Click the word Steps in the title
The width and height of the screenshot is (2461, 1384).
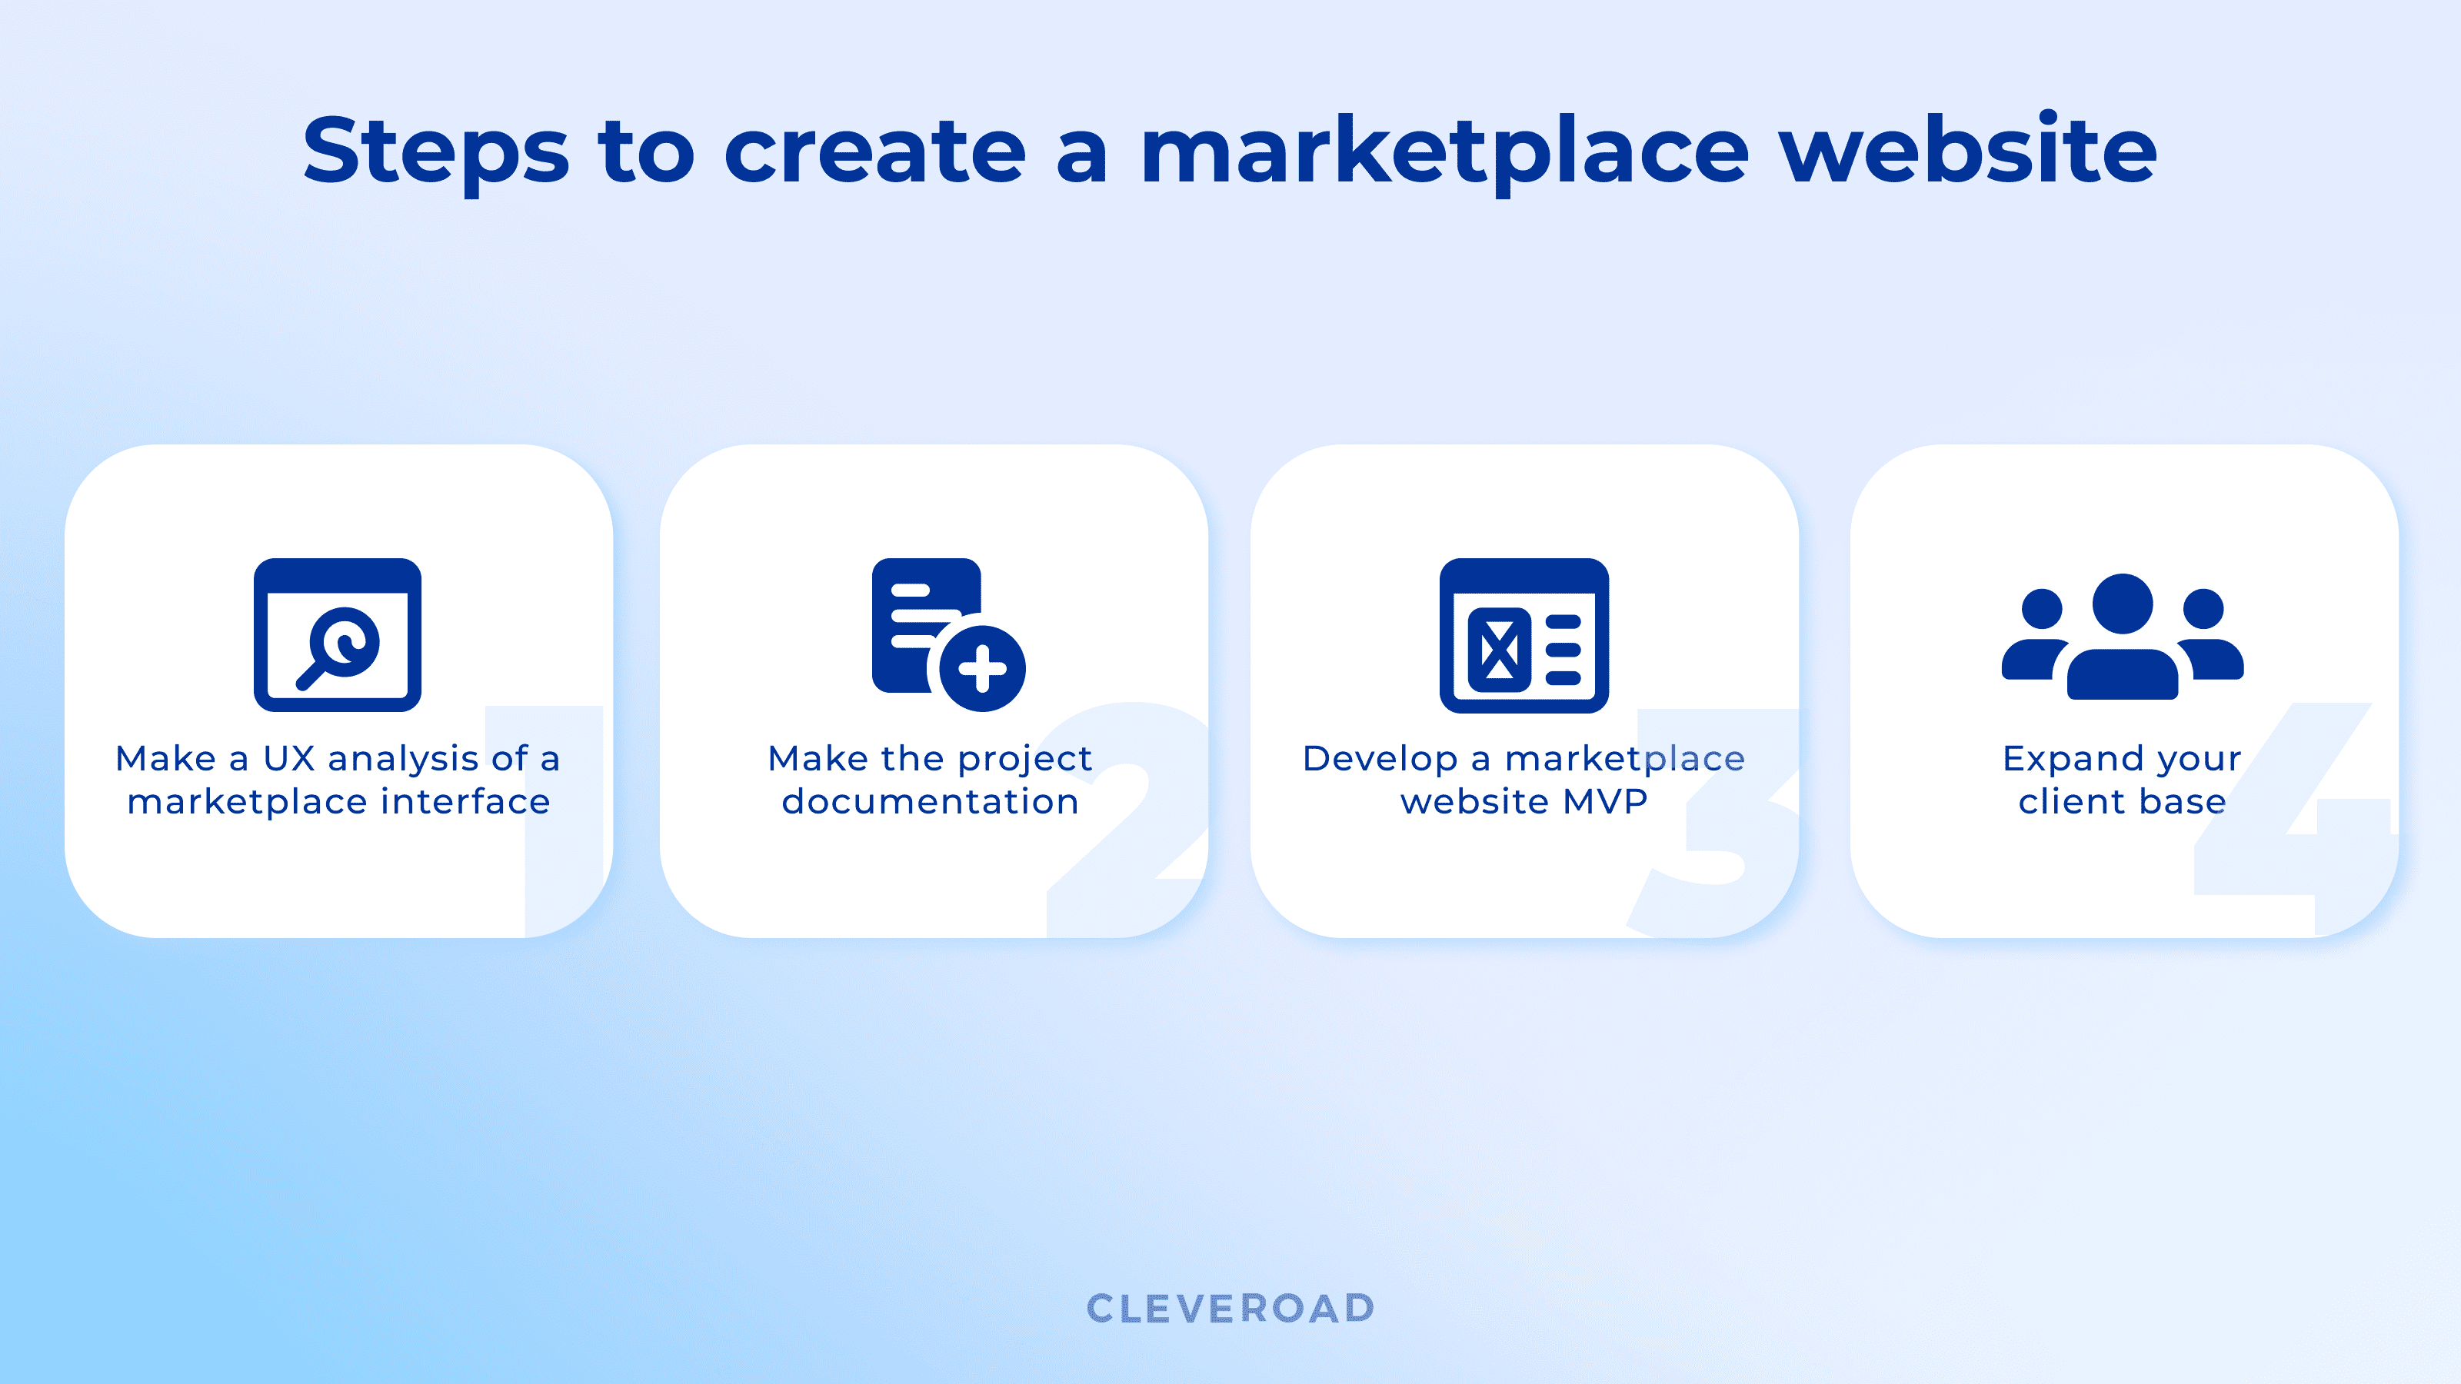435,151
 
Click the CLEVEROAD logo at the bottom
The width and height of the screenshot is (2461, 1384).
1230,1309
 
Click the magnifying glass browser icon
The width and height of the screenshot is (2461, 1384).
338,635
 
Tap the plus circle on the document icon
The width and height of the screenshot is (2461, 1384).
982,669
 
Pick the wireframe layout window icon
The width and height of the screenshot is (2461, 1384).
1524,635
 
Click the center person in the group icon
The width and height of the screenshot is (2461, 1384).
2123,636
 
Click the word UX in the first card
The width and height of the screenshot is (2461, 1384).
288,758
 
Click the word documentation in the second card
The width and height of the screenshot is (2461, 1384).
931,801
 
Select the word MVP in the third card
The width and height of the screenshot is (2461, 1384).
1605,801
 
